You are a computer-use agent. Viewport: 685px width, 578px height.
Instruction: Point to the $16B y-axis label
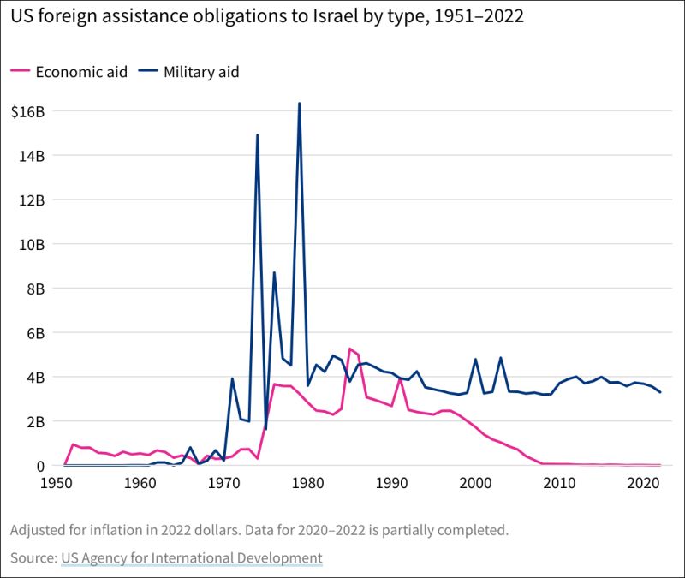click(x=28, y=111)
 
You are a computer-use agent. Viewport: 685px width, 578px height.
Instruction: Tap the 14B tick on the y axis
click(x=33, y=156)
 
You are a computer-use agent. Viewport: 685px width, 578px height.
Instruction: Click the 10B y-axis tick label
click(x=33, y=244)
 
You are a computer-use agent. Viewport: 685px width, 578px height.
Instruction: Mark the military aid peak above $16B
click(x=299, y=104)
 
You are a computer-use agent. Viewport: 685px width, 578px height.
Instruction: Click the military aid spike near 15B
click(x=257, y=135)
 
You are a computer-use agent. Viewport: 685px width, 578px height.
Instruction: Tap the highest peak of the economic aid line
click(x=349, y=349)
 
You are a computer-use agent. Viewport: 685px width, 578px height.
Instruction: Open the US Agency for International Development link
click(x=191, y=558)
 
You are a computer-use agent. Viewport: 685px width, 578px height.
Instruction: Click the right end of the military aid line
click(x=659, y=392)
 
